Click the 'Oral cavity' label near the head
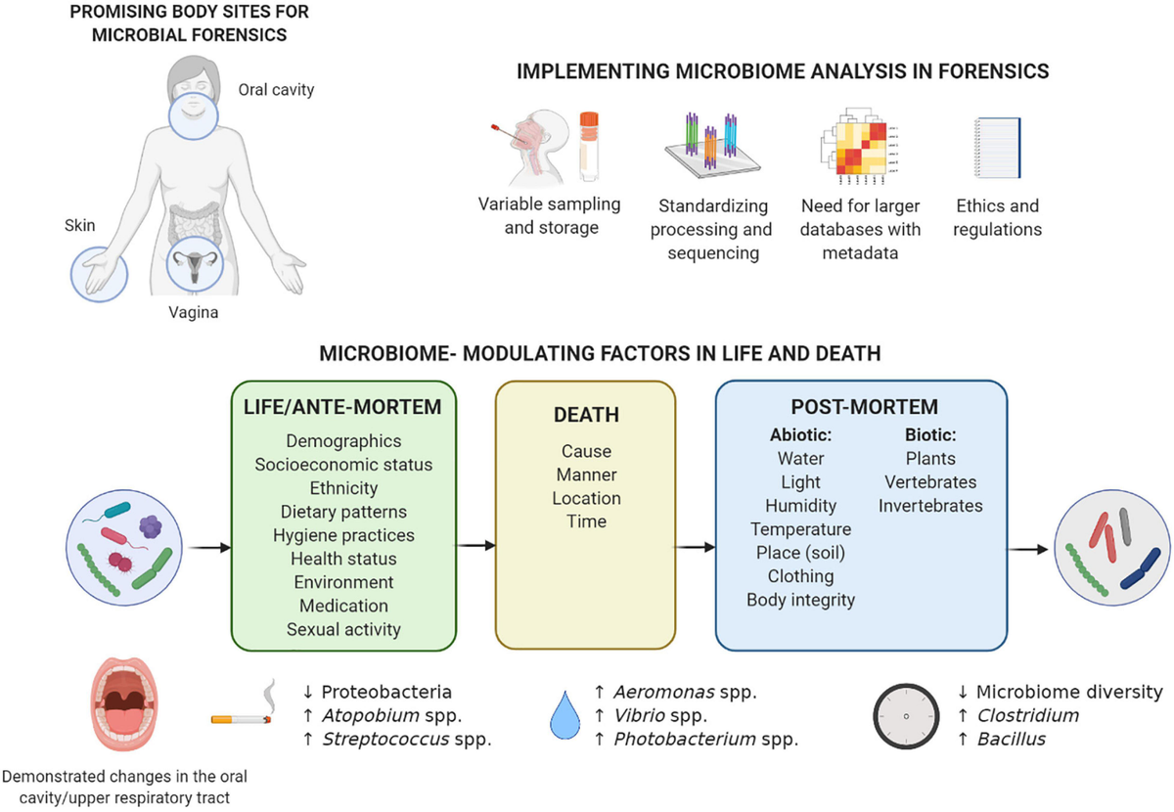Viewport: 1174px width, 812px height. point(276,90)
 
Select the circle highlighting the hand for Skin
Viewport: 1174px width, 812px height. point(99,273)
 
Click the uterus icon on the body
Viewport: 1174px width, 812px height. point(198,263)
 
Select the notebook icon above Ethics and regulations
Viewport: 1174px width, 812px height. point(998,149)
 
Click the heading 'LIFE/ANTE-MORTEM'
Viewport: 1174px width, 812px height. point(342,406)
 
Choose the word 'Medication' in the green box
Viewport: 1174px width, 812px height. point(343,606)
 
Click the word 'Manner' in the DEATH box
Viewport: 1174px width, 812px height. point(586,474)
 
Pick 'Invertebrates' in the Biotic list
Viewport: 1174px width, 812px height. point(930,506)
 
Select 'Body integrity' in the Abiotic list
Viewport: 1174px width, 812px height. point(800,600)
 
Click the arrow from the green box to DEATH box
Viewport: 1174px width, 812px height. point(475,545)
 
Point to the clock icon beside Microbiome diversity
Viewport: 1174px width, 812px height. point(906,715)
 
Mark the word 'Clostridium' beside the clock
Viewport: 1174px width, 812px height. point(1027,715)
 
